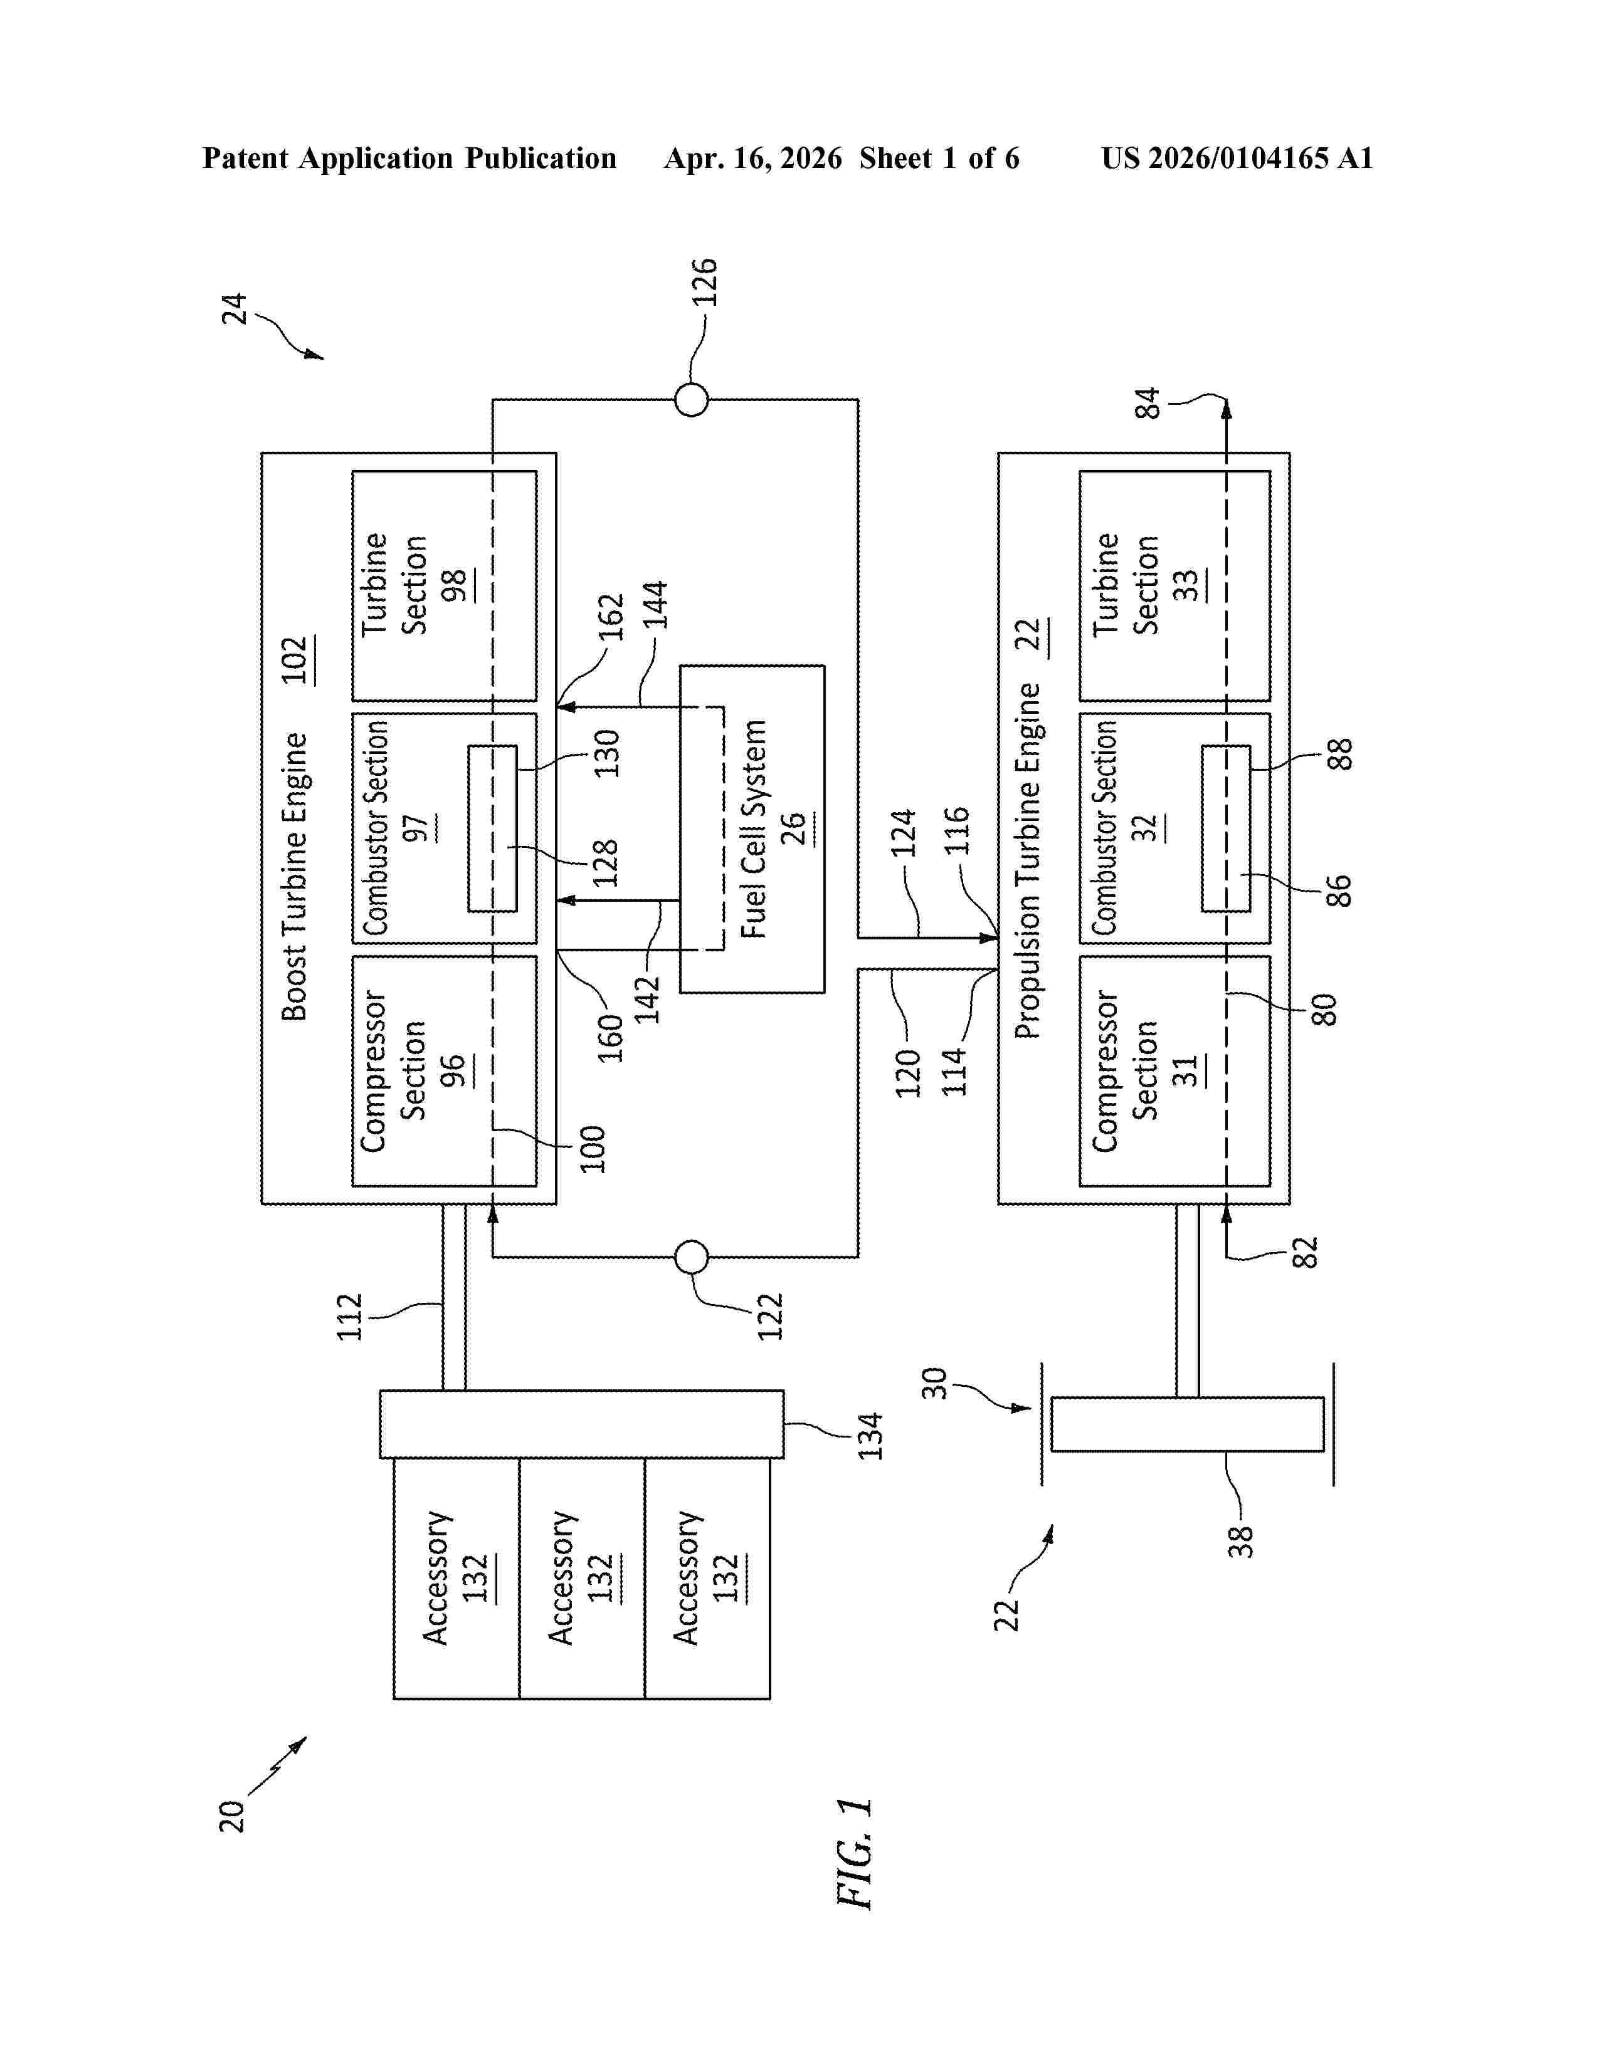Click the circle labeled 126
(692, 400)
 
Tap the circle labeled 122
(692, 1258)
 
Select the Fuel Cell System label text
(754, 828)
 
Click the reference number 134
(870, 1436)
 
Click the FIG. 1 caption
(855, 1853)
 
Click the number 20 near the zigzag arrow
(232, 1816)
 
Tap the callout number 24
(234, 309)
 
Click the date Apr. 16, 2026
(753, 158)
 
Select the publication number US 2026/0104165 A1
(1237, 158)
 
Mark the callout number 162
(612, 617)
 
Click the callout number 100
(592, 1149)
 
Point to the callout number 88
(1341, 754)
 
